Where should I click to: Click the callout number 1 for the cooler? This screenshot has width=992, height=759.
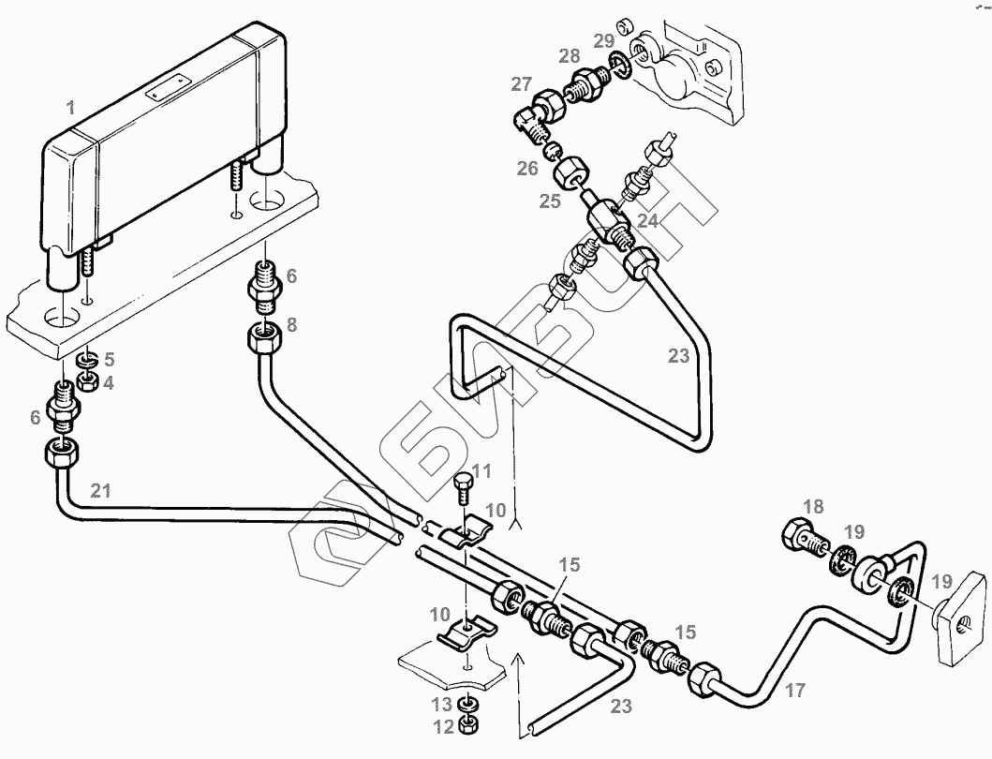click(x=70, y=110)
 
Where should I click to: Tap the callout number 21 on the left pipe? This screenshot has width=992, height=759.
click(x=103, y=488)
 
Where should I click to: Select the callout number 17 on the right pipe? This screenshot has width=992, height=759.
click(x=794, y=692)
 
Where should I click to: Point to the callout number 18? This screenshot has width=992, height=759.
click(x=812, y=507)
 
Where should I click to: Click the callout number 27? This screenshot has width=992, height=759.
click(x=521, y=84)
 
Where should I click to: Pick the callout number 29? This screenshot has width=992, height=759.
click(x=604, y=39)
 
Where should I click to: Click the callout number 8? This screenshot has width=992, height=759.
click(x=291, y=325)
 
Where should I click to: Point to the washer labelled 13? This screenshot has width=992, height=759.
click(x=466, y=704)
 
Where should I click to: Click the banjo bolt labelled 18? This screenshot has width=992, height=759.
click(x=802, y=537)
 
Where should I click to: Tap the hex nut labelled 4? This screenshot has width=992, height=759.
click(x=85, y=380)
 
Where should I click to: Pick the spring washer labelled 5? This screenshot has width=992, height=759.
click(x=85, y=359)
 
